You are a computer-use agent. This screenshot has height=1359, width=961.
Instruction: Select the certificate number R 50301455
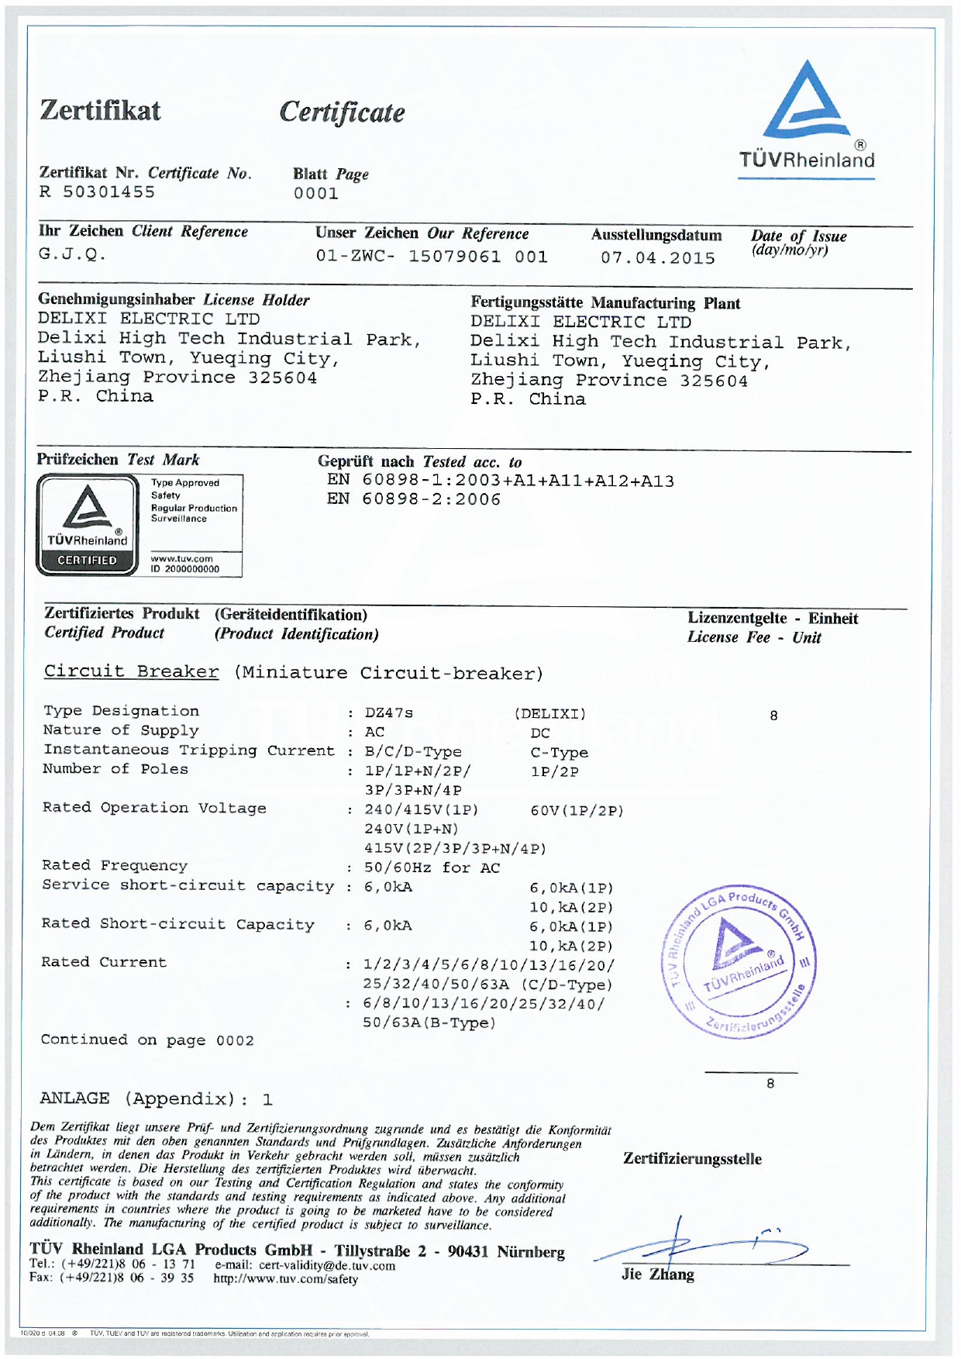click(98, 192)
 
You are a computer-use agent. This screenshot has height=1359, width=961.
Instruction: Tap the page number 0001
click(315, 194)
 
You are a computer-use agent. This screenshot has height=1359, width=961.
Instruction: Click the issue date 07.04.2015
click(658, 258)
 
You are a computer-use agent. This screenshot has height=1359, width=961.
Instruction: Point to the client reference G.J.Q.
click(72, 254)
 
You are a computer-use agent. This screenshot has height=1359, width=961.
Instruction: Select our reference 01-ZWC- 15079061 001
click(432, 257)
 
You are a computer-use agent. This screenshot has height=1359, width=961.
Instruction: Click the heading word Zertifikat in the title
click(100, 111)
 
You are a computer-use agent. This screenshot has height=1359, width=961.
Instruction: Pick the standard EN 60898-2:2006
click(414, 500)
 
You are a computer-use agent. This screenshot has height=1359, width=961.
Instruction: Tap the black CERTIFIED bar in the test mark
click(87, 561)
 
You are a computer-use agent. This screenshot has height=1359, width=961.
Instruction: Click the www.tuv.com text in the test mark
click(181, 558)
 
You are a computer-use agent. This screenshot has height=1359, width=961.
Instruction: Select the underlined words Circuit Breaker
click(131, 671)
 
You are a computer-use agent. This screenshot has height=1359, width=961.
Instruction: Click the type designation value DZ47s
click(388, 713)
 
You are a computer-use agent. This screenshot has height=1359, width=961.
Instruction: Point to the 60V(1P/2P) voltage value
click(577, 811)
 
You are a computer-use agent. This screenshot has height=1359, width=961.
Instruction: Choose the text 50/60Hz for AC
click(432, 868)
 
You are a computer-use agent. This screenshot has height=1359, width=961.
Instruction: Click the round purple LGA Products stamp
click(738, 960)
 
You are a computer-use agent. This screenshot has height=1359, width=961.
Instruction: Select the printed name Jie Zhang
click(657, 1274)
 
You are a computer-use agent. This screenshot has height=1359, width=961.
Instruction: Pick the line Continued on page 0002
click(147, 1040)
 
